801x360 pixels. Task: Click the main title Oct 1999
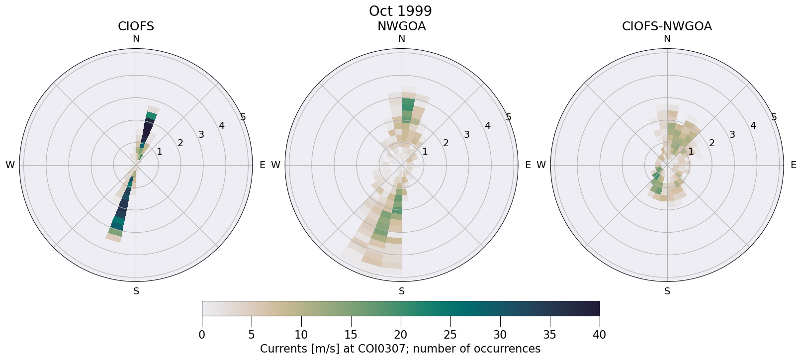tap(400, 11)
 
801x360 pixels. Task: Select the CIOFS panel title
tap(136, 26)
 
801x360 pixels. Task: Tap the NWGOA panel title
tap(401, 26)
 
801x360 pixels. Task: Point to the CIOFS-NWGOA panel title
tap(667, 26)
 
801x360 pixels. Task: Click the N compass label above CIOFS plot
tap(136, 39)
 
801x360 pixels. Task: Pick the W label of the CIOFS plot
tap(10, 165)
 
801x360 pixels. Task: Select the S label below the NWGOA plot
tap(402, 291)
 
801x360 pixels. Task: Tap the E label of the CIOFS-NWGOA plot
tap(793, 165)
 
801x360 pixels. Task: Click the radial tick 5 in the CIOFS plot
tap(243, 117)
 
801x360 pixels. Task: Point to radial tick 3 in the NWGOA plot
tap(466, 134)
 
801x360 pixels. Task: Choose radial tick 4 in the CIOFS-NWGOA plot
tap(753, 126)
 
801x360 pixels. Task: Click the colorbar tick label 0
tap(202, 335)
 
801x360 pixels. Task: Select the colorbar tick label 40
tap(599, 335)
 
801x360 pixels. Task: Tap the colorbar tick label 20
tap(401, 335)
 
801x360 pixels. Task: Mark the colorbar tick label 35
tap(549, 335)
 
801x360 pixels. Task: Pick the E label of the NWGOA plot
tap(528, 165)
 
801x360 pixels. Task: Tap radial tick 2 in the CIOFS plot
tap(180, 143)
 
